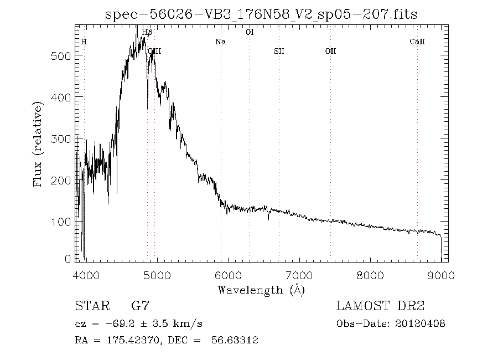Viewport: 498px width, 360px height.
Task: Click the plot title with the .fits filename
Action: pos(261,13)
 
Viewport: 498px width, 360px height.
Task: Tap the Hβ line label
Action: pos(147,32)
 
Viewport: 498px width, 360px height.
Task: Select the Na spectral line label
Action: pos(220,42)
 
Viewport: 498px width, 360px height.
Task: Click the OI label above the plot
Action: pos(250,32)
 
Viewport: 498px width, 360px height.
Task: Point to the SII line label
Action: pos(279,51)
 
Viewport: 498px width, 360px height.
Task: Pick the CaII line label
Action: pos(417,42)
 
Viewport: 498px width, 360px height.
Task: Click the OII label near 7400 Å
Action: pos(330,51)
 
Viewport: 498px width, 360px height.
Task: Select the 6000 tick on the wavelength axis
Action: pos(227,275)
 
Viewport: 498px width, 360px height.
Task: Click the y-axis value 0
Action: pos(68,259)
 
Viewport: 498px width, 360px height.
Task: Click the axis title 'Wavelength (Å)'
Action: pos(261,289)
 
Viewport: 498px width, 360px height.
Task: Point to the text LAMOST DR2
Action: pos(381,306)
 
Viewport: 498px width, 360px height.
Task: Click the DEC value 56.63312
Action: pos(235,341)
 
